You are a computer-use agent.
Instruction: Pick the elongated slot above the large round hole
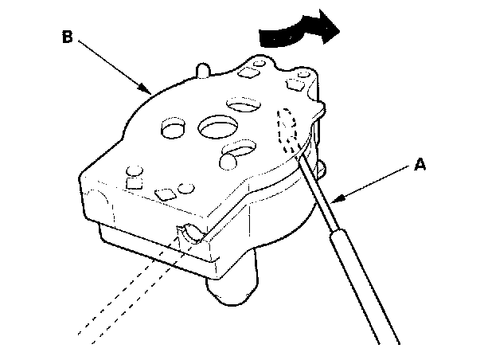[242, 104]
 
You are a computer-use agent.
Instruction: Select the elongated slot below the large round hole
[238, 151]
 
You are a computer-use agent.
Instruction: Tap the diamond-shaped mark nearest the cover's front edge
[166, 193]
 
